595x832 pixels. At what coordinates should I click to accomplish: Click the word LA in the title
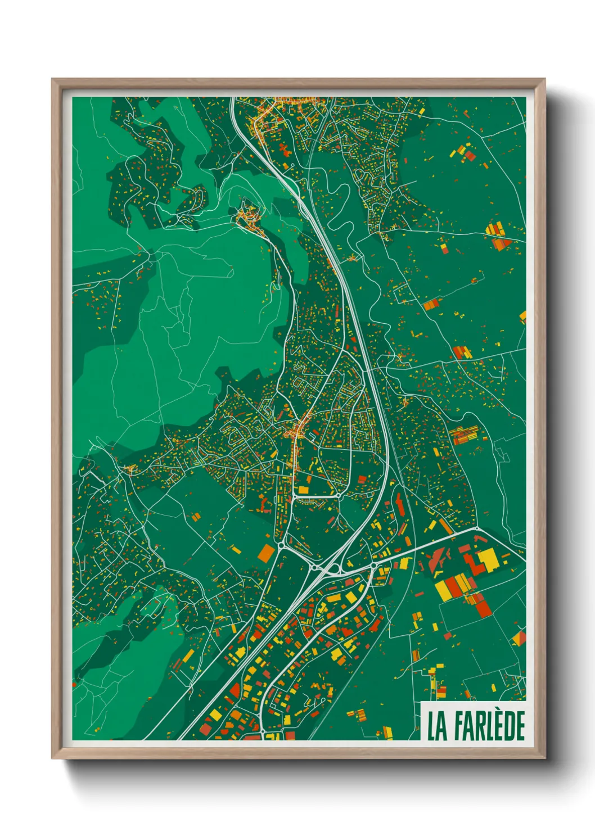pyautogui.click(x=437, y=726)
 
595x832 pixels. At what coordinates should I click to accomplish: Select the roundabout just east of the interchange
pyautogui.click(x=373, y=565)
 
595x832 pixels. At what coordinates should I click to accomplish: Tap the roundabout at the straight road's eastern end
pyautogui.click(x=477, y=529)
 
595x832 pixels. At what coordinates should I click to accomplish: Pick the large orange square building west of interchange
pyautogui.click(x=265, y=553)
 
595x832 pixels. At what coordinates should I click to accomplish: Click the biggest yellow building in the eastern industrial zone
pyautogui.click(x=487, y=558)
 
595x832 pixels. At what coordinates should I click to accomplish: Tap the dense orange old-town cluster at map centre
pyautogui.click(x=297, y=432)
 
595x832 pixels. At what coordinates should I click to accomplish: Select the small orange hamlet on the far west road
pyautogui.click(x=130, y=468)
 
